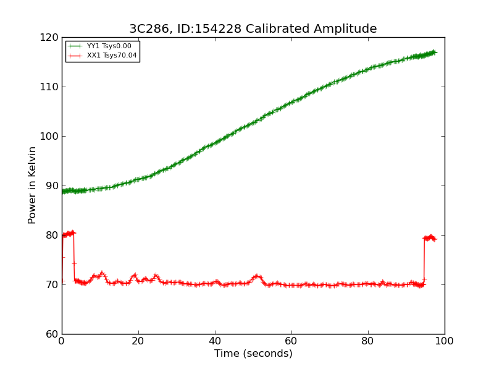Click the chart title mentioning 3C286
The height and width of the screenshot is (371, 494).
(253, 28)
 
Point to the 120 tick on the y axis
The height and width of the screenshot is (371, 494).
(49, 38)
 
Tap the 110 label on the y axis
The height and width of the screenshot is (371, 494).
(49, 87)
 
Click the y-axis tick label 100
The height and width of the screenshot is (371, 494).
(49, 136)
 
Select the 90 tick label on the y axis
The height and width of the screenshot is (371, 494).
(52, 186)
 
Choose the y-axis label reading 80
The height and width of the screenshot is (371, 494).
(52, 236)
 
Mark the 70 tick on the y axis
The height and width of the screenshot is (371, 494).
(52, 284)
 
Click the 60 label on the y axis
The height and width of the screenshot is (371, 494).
(52, 334)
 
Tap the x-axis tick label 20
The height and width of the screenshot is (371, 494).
(138, 341)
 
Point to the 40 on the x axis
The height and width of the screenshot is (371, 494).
(215, 341)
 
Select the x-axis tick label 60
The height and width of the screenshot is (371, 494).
(291, 341)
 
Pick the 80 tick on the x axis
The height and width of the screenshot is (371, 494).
(368, 341)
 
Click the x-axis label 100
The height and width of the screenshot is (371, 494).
(445, 341)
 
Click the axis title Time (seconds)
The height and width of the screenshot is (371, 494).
(253, 353)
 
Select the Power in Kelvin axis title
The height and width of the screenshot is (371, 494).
(31, 185)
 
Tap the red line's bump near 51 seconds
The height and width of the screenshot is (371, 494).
(257, 276)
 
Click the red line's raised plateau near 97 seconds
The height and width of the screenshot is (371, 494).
(430, 237)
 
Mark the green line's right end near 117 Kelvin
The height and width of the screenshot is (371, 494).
(437, 53)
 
